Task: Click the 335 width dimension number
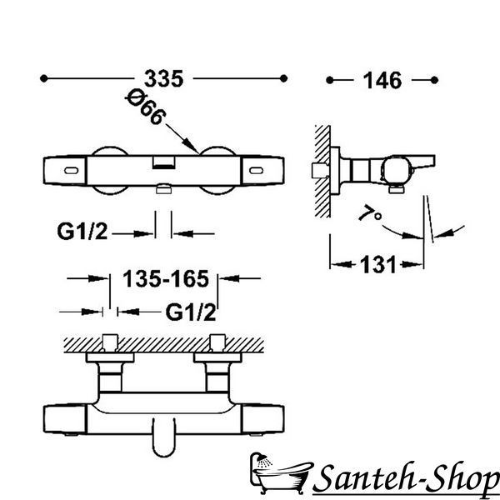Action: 164,78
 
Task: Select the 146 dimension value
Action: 382,80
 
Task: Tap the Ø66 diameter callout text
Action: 146,107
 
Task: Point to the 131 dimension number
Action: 377,264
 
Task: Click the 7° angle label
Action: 369,212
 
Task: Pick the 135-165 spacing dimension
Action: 166,278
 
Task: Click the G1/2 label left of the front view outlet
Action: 82,231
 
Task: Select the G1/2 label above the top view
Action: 191,312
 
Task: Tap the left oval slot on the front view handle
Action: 71,171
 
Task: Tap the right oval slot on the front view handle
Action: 256,171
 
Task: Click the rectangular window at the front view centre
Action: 163,162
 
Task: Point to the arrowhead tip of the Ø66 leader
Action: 198,152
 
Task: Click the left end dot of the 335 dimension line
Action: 43,78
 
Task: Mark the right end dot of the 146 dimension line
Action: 434,80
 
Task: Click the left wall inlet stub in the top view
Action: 110,342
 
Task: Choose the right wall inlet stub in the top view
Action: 217,342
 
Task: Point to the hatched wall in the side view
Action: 322,171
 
